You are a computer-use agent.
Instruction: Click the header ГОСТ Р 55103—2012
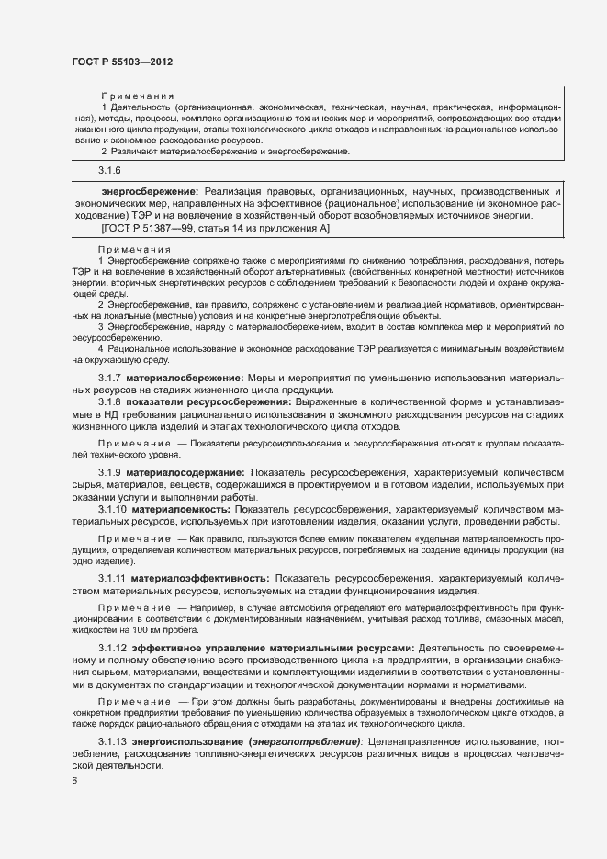pyautogui.click(x=121, y=62)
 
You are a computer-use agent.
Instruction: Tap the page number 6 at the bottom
pyautogui.click(x=73, y=780)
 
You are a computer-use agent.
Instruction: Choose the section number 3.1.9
pyautogui.click(x=110, y=472)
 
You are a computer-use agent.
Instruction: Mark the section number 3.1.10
pyautogui.click(x=113, y=508)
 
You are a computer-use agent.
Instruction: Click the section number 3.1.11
pyautogui.click(x=113, y=578)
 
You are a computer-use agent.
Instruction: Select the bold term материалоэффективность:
pyautogui.click(x=200, y=578)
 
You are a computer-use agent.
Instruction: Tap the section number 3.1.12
pyautogui.click(x=113, y=649)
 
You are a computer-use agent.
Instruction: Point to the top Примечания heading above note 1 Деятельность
pyautogui.click(x=138, y=96)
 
